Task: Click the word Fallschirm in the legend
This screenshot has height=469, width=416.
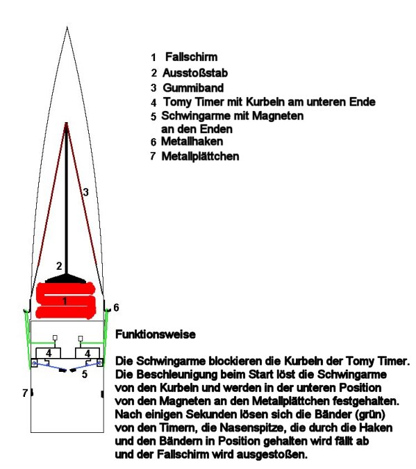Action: pyautogui.click(x=192, y=57)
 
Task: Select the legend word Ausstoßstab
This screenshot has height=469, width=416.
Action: pyautogui.click(x=195, y=73)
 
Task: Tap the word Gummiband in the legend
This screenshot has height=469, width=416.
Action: pyautogui.click(x=193, y=87)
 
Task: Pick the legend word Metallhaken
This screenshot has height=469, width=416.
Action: pyautogui.click(x=192, y=141)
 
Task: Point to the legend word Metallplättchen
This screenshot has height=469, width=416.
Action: pyautogui.click(x=201, y=156)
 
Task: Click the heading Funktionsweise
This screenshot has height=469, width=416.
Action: pyautogui.click(x=156, y=334)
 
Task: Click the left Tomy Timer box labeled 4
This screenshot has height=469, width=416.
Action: pyautogui.click(x=49, y=353)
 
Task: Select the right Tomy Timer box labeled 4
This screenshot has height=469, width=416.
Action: pyautogui.click(x=87, y=353)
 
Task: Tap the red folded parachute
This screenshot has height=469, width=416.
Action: pyautogui.click(x=65, y=300)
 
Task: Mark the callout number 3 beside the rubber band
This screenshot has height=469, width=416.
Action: pyautogui.click(x=86, y=192)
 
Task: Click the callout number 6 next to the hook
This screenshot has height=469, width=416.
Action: pyautogui.click(x=116, y=307)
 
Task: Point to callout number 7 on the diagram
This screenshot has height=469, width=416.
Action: pyautogui.click(x=25, y=393)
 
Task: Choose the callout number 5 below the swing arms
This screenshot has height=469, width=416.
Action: pyautogui.click(x=85, y=374)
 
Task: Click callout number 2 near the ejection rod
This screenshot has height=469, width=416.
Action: pyautogui.click(x=59, y=266)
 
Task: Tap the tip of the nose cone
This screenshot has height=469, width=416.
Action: pyautogui.click(x=67, y=27)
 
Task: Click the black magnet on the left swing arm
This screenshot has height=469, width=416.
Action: pyautogui.click(x=63, y=370)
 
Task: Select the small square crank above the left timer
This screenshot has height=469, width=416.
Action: pyautogui.click(x=55, y=338)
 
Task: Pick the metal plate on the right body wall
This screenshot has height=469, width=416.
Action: pyautogui.click(x=102, y=394)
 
